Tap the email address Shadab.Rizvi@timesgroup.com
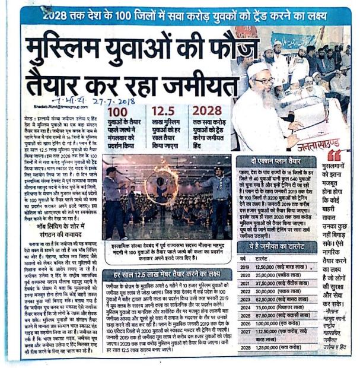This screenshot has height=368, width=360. coord(56,109)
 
